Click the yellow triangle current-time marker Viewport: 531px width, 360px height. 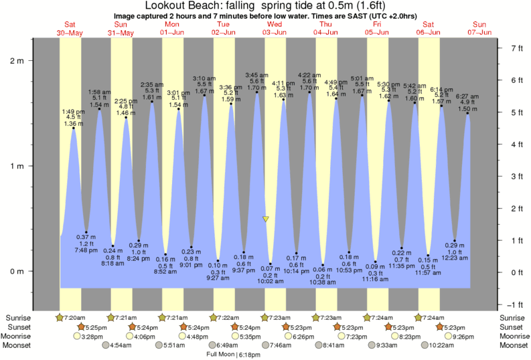266,219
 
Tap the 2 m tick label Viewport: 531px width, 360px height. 16,61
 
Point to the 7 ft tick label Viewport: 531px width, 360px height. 516,48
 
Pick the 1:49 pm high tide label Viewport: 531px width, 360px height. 74,111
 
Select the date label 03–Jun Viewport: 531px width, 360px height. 275,33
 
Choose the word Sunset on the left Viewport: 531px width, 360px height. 19,327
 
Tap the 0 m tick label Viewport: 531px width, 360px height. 16,271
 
